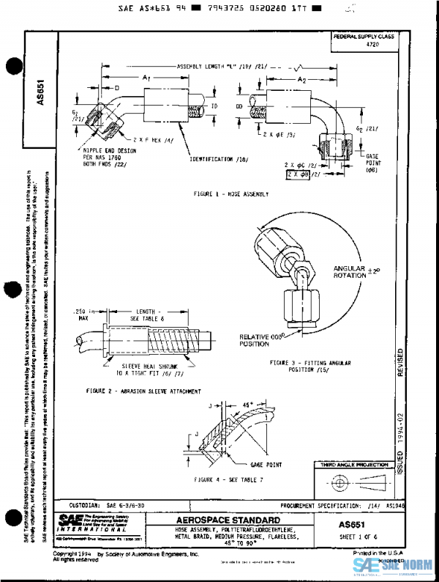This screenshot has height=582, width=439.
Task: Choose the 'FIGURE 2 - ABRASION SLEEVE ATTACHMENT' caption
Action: (143, 391)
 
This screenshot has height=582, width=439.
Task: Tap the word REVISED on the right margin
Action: (399, 363)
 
